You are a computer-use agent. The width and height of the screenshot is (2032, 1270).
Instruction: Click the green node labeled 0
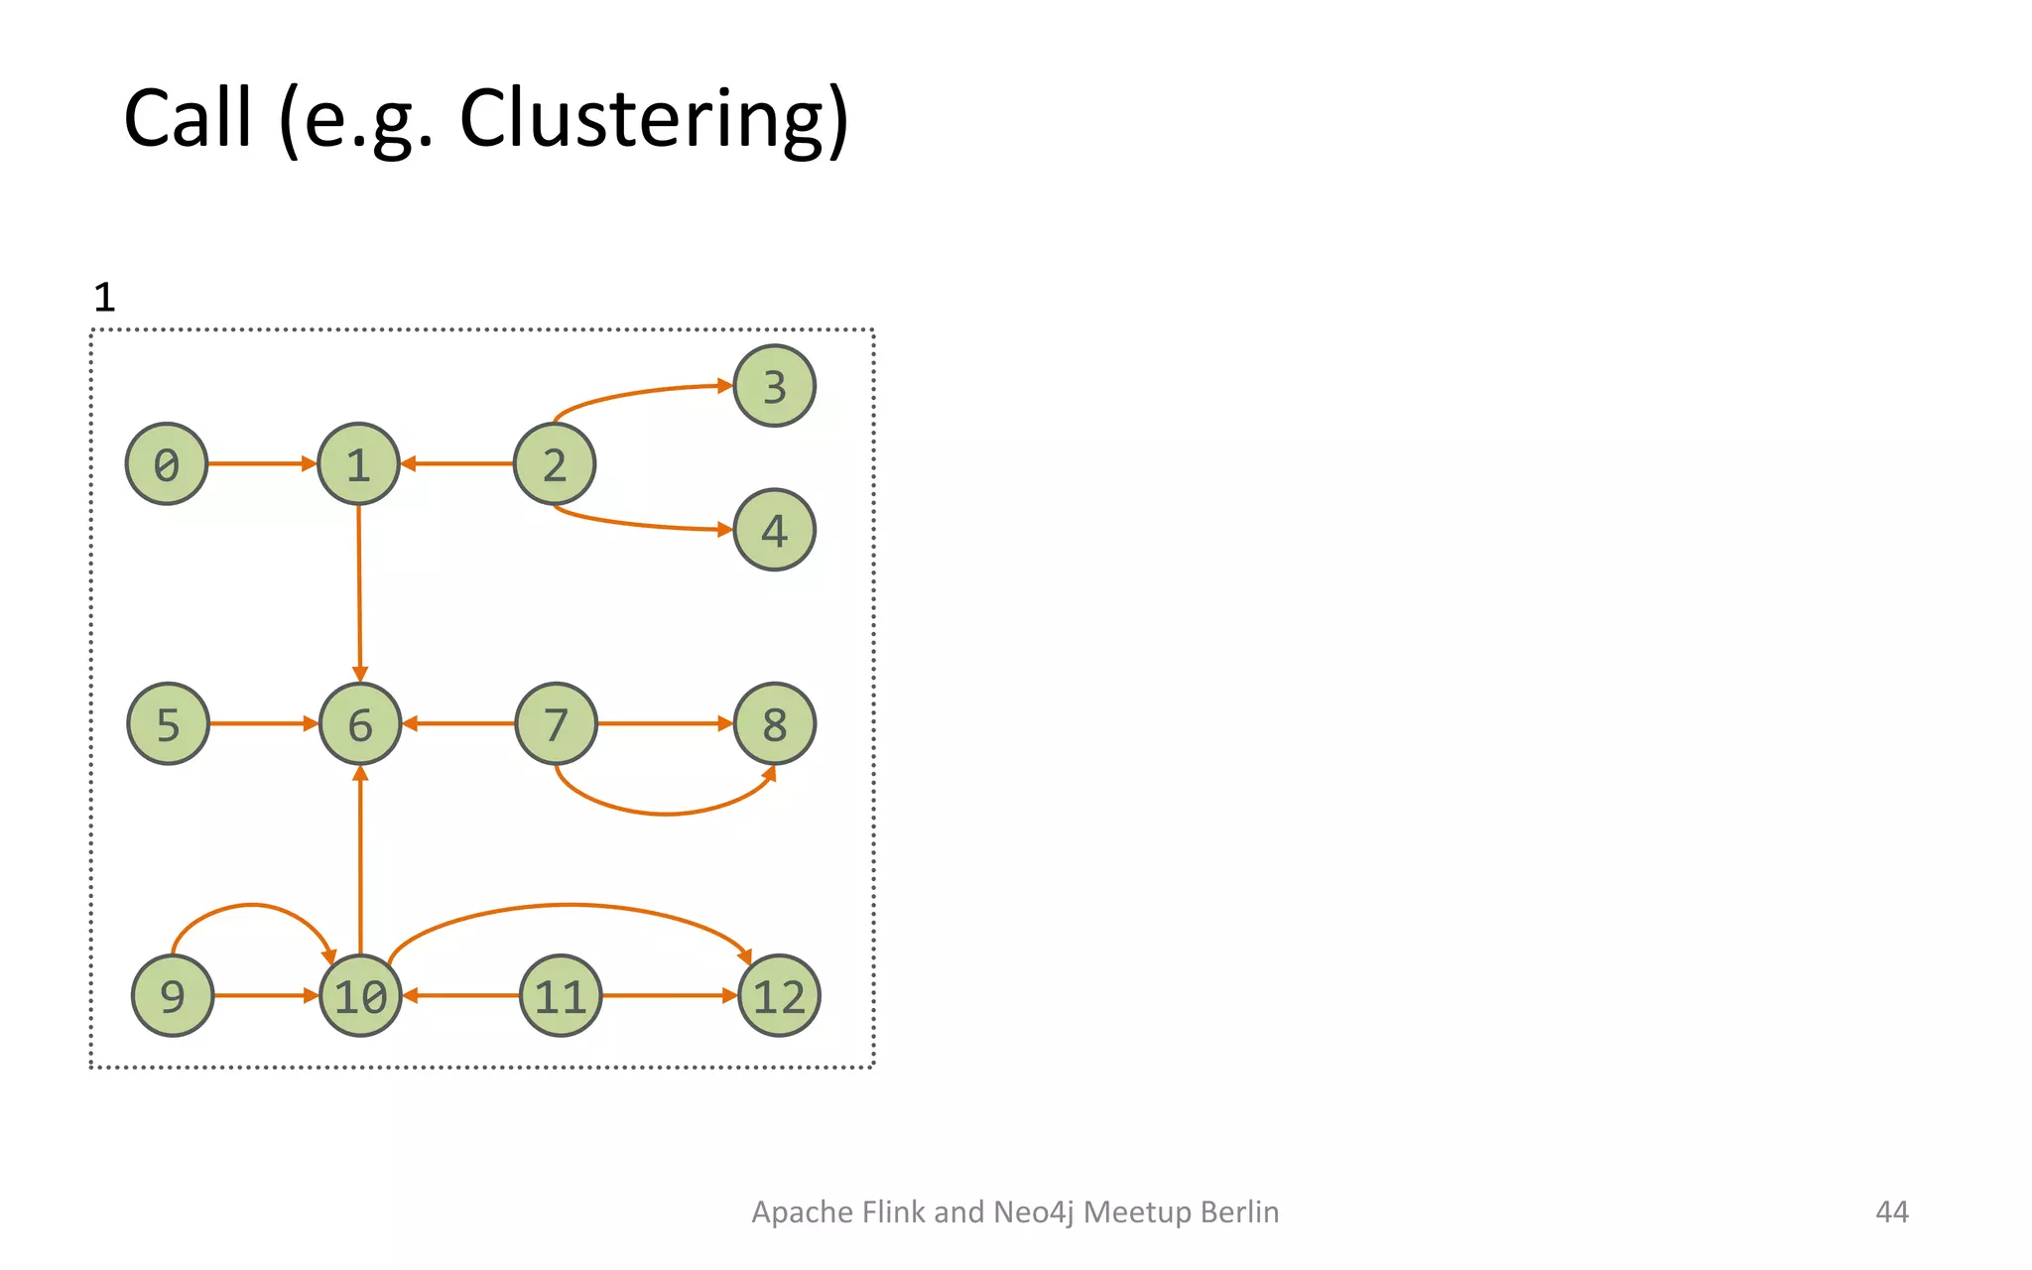pos(167,463)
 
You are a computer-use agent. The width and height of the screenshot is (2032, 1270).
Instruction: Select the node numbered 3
pos(774,386)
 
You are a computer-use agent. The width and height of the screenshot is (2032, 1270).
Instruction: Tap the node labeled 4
pos(774,530)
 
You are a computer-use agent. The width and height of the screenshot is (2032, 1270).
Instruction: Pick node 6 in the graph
pos(360,723)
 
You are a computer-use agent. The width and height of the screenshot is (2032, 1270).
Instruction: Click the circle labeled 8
pos(774,723)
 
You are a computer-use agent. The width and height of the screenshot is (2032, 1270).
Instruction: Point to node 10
pos(360,995)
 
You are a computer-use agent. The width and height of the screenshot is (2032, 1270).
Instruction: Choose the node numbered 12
pos(779,995)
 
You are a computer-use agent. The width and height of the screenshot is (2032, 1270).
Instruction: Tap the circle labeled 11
pos(561,995)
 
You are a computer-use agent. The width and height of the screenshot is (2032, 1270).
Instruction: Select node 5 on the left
pos(169,723)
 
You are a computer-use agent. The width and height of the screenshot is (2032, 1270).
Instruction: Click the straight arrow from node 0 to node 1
pos(260,463)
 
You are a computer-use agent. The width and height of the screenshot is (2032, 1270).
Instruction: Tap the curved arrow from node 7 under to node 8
pos(665,814)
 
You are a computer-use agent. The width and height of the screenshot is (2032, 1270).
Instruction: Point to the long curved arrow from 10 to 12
pos(568,905)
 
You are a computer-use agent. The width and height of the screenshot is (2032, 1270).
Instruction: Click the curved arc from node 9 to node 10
pos(252,905)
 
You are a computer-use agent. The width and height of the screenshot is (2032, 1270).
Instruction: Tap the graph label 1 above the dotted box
pos(104,298)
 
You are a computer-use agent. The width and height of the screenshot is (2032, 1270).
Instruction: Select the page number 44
pos(1891,1211)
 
